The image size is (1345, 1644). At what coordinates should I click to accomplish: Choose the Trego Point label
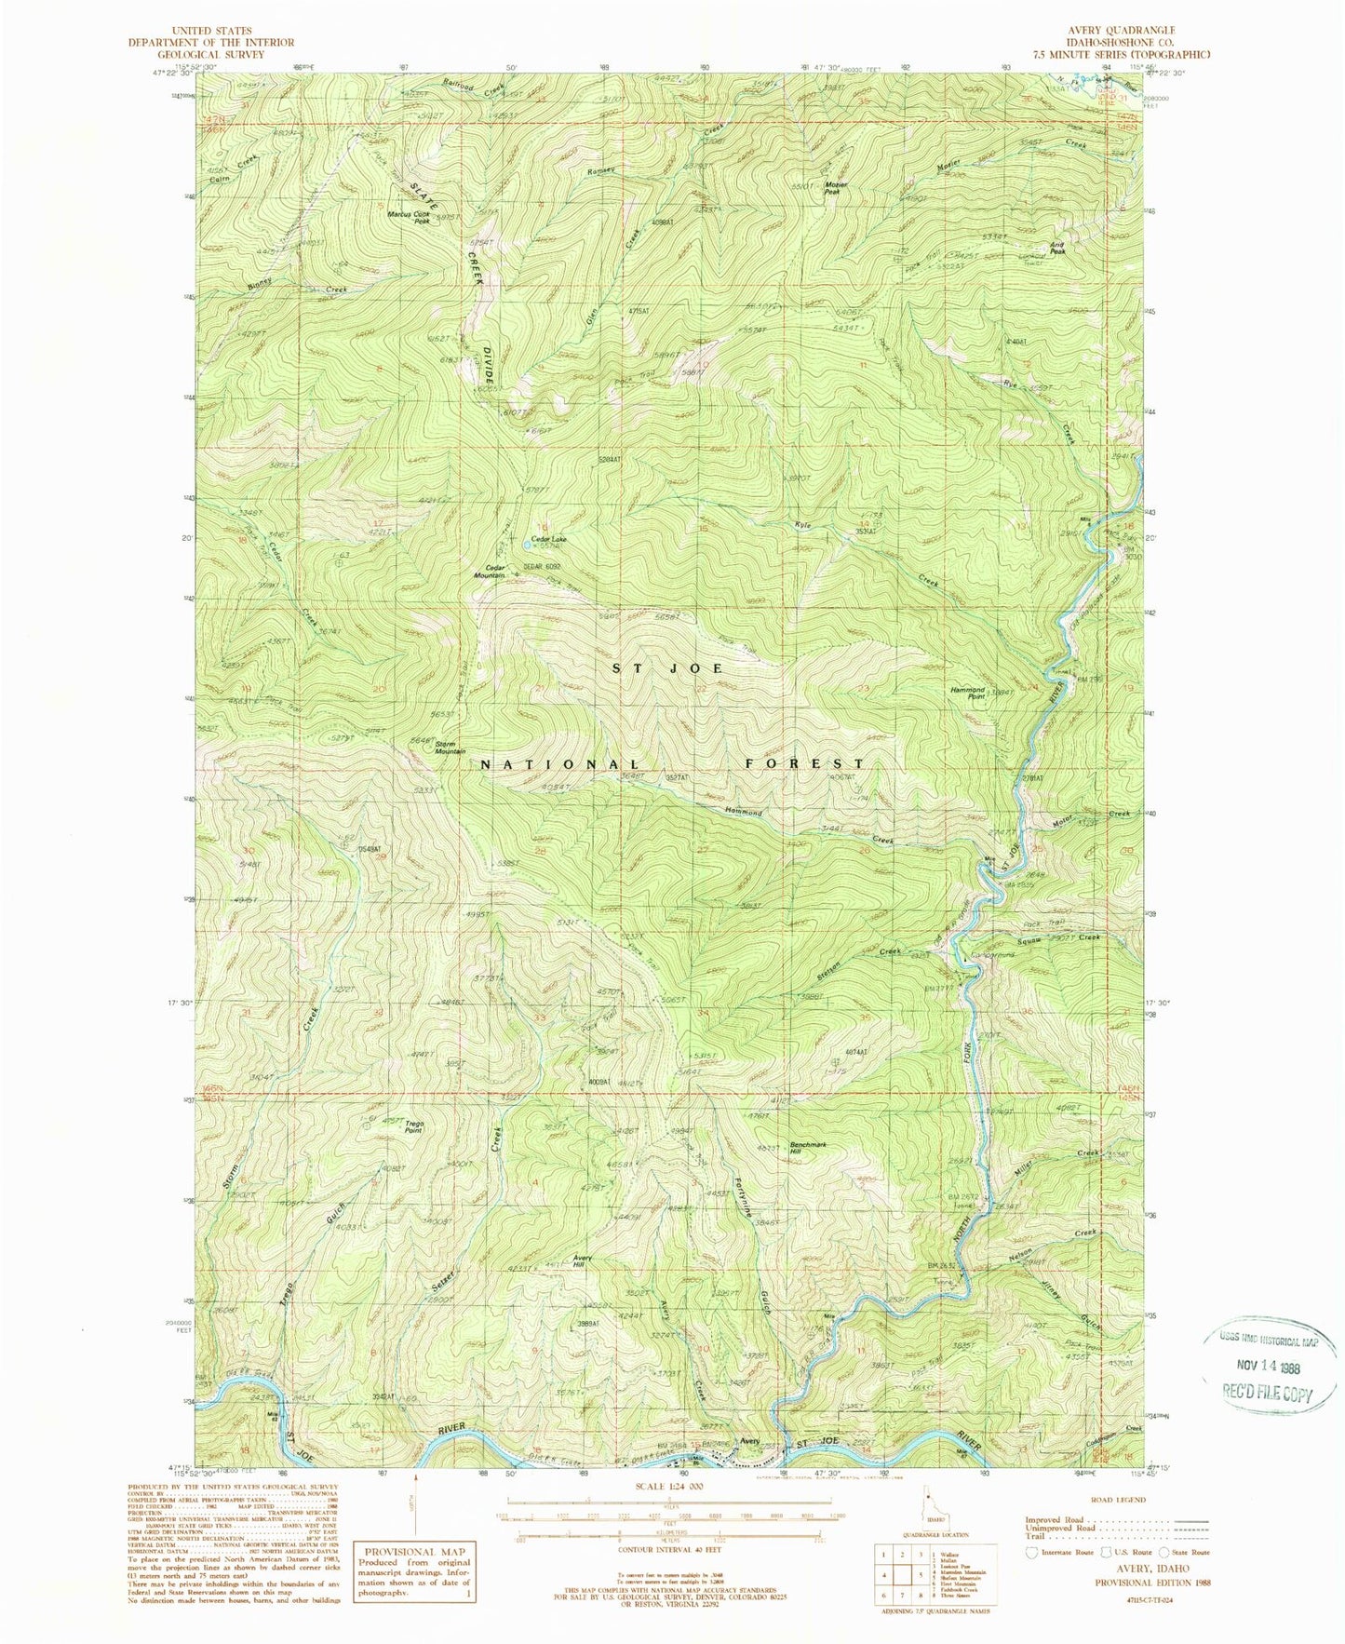(x=413, y=1127)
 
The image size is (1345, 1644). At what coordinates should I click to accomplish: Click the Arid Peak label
(x=1057, y=249)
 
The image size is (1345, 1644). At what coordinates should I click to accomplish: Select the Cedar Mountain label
(x=495, y=572)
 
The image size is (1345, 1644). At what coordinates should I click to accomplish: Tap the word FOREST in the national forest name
(x=804, y=763)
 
